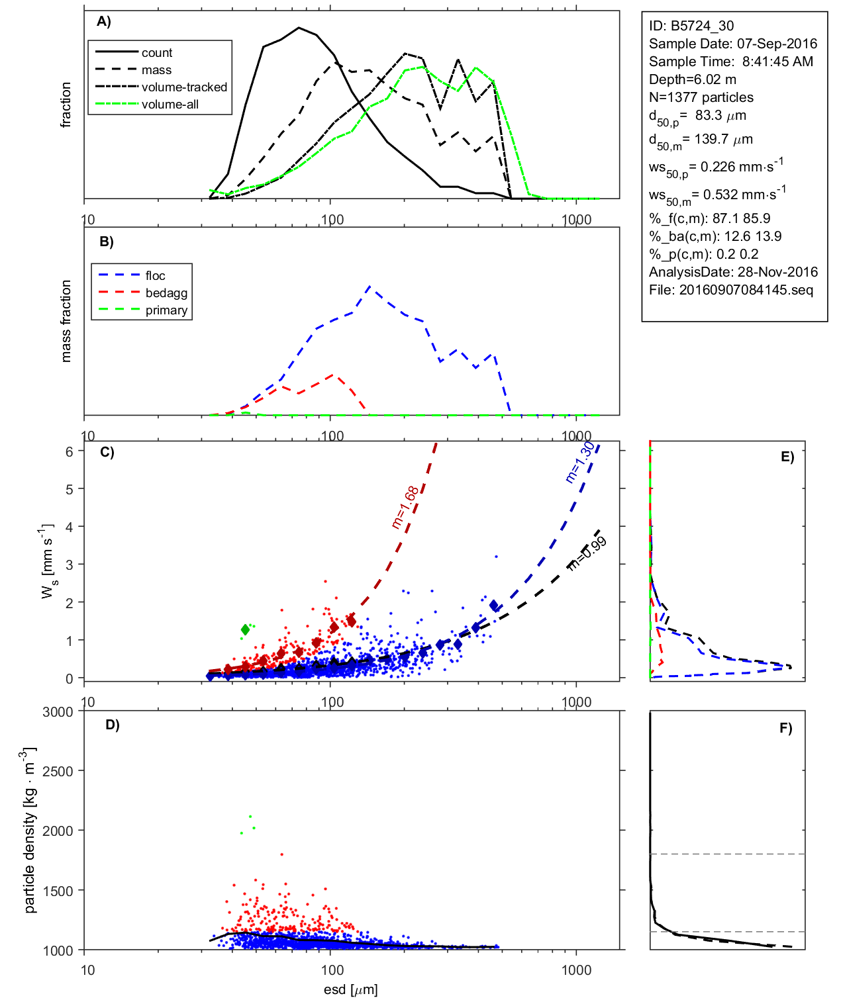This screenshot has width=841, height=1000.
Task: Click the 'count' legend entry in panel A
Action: pos(156,53)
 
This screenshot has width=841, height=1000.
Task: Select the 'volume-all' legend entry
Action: pos(170,105)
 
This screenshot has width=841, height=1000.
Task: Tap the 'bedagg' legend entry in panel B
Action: pos(166,293)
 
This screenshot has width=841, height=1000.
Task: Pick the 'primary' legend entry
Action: pos(166,310)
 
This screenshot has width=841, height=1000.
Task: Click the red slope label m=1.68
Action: pos(405,508)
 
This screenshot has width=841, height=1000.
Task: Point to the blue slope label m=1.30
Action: pos(580,462)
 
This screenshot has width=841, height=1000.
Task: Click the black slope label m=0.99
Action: pos(587,553)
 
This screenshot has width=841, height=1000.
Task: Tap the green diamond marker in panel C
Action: pos(246,629)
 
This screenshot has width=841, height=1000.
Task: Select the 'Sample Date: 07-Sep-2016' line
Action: pos(733,44)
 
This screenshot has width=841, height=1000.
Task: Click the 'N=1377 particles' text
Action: pos(701,97)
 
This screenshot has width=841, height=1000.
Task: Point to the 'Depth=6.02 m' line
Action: pos(693,79)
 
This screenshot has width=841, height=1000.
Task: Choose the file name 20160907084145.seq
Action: pos(746,290)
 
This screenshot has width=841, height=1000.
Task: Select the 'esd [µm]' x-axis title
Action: pos(351,989)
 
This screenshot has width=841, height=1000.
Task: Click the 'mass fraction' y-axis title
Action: pos(66,321)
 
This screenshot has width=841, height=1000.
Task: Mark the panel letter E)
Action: pos(787,457)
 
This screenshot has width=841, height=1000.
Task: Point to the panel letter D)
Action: pos(113,725)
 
